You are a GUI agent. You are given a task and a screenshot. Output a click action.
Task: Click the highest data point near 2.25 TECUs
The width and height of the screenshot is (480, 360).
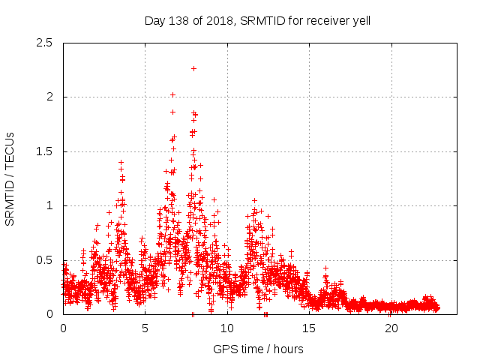tap(193, 68)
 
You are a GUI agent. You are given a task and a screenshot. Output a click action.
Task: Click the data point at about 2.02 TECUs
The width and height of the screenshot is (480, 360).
tap(172, 94)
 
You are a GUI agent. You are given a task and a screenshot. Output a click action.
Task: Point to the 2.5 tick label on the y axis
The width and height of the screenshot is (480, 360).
tap(46, 43)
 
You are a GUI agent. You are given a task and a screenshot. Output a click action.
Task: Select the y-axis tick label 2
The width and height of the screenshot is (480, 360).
tap(51, 97)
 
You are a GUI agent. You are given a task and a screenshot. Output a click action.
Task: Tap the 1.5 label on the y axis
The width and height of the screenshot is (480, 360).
tap(46, 151)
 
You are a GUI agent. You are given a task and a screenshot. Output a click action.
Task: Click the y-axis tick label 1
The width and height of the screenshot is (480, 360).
tap(51, 205)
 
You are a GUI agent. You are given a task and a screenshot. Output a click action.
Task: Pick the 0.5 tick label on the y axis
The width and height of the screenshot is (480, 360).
tap(46, 260)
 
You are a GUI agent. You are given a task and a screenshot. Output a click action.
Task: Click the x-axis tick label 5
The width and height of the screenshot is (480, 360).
tap(145, 328)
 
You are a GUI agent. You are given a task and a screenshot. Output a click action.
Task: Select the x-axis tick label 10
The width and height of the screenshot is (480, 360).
tap(227, 328)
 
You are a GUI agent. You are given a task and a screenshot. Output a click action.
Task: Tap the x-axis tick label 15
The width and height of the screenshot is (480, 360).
tap(309, 328)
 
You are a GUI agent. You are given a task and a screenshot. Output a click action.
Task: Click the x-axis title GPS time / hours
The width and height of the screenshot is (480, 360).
tap(258, 349)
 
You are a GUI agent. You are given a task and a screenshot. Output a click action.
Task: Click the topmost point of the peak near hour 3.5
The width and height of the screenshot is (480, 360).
tap(121, 162)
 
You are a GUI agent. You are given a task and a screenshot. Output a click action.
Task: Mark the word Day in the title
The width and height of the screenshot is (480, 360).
tap(154, 21)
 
